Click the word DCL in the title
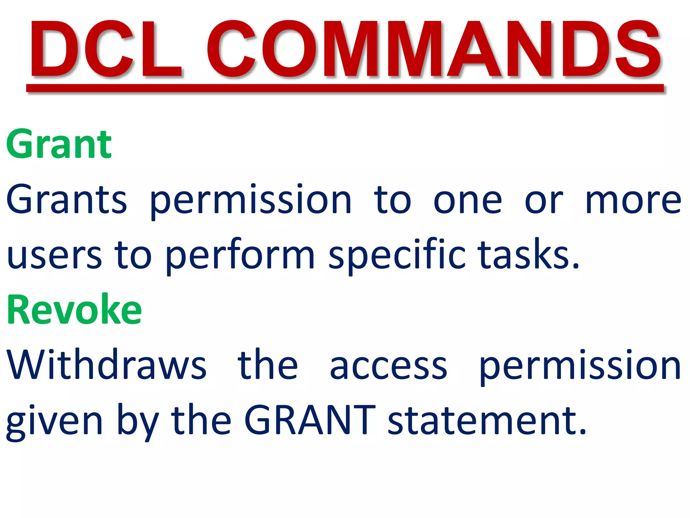(x=106, y=49)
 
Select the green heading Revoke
(x=74, y=310)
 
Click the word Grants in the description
(x=66, y=200)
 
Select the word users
(x=54, y=256)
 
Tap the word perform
(x=240, y=256)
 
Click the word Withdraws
(x=106, y=365)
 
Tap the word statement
(x=487, y=421)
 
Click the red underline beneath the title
(x=345, y=88)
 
